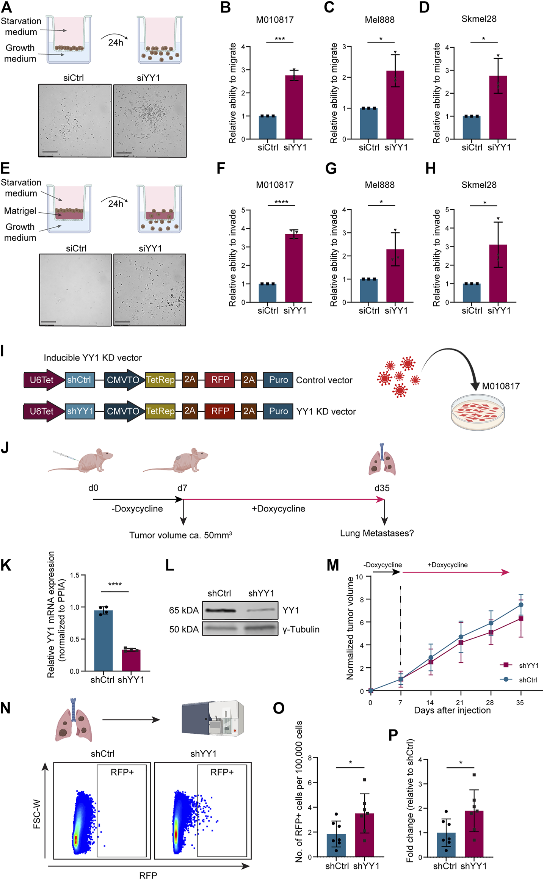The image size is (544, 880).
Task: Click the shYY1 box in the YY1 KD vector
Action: [80, 411]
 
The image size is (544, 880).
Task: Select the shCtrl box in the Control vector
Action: [79, 380]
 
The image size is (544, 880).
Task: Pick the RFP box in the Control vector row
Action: [220, 380]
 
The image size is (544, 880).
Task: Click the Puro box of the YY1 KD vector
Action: [278, 411]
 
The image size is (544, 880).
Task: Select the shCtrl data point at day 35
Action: [521, 605]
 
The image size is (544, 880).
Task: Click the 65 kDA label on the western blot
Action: [184, 610]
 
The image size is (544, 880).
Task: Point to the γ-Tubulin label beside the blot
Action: [301, 629]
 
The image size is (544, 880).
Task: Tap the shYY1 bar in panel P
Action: [474, 833]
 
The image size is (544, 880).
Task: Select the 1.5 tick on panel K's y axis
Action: [74, 576]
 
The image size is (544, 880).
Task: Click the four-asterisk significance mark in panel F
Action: [281, 202]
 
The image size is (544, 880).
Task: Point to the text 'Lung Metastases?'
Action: [376, 533]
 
